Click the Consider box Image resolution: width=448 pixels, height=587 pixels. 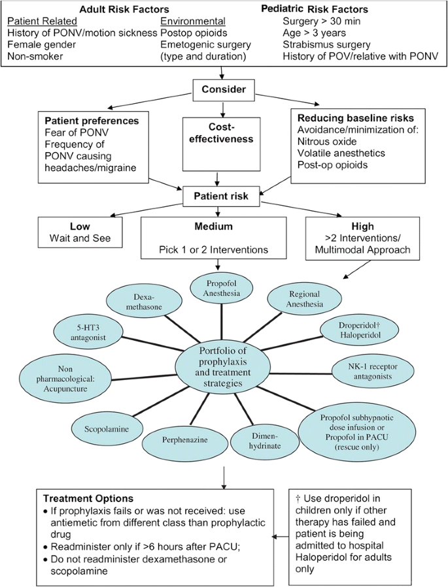pos(224,89)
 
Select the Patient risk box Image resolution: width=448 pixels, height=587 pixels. pos(224,194)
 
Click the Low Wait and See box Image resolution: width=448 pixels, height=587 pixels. pos(80,232)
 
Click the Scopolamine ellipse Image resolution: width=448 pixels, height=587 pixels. pos(105,431)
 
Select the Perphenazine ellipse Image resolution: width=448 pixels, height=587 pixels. pos(184,439)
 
